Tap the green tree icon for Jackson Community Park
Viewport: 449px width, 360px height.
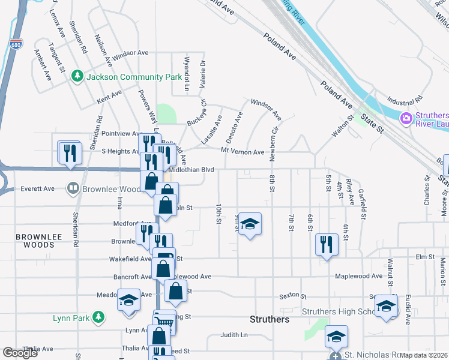(77, 76)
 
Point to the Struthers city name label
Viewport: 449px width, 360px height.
(270, 319)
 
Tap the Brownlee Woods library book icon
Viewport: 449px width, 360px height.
(73, 188)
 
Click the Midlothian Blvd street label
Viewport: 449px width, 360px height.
(191, 170)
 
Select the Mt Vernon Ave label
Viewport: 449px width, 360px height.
(243, 152)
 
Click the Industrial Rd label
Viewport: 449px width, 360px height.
(405, 98)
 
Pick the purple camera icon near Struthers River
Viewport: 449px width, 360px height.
(406, 118)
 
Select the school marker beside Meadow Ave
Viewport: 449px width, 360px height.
(128, 299)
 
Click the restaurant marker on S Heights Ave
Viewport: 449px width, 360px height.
(70, 152)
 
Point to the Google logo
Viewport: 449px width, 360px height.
(20, 353)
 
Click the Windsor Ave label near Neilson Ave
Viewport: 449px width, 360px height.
(130, 53)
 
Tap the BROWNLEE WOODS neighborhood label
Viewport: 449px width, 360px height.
(34, 241)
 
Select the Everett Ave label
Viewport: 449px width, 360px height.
(37, 188)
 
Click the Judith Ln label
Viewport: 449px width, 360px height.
(234, 335)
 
